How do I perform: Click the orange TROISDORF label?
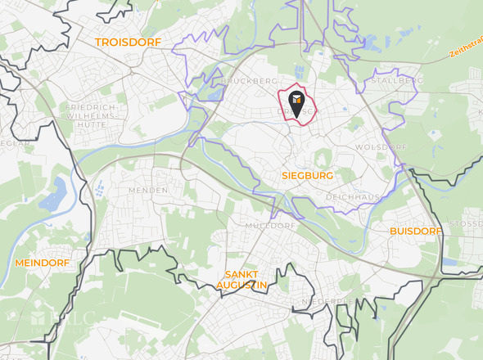[129, 42]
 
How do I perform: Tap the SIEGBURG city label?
[307, 176]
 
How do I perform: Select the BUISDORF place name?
[415, 232]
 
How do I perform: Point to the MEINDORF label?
[42, 263]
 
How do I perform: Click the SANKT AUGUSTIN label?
[241, 280]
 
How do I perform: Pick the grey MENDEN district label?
[147, 190]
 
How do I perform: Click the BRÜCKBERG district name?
[249, 82]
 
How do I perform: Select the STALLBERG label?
[397, 81]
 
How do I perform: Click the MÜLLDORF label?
[270, 225]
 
